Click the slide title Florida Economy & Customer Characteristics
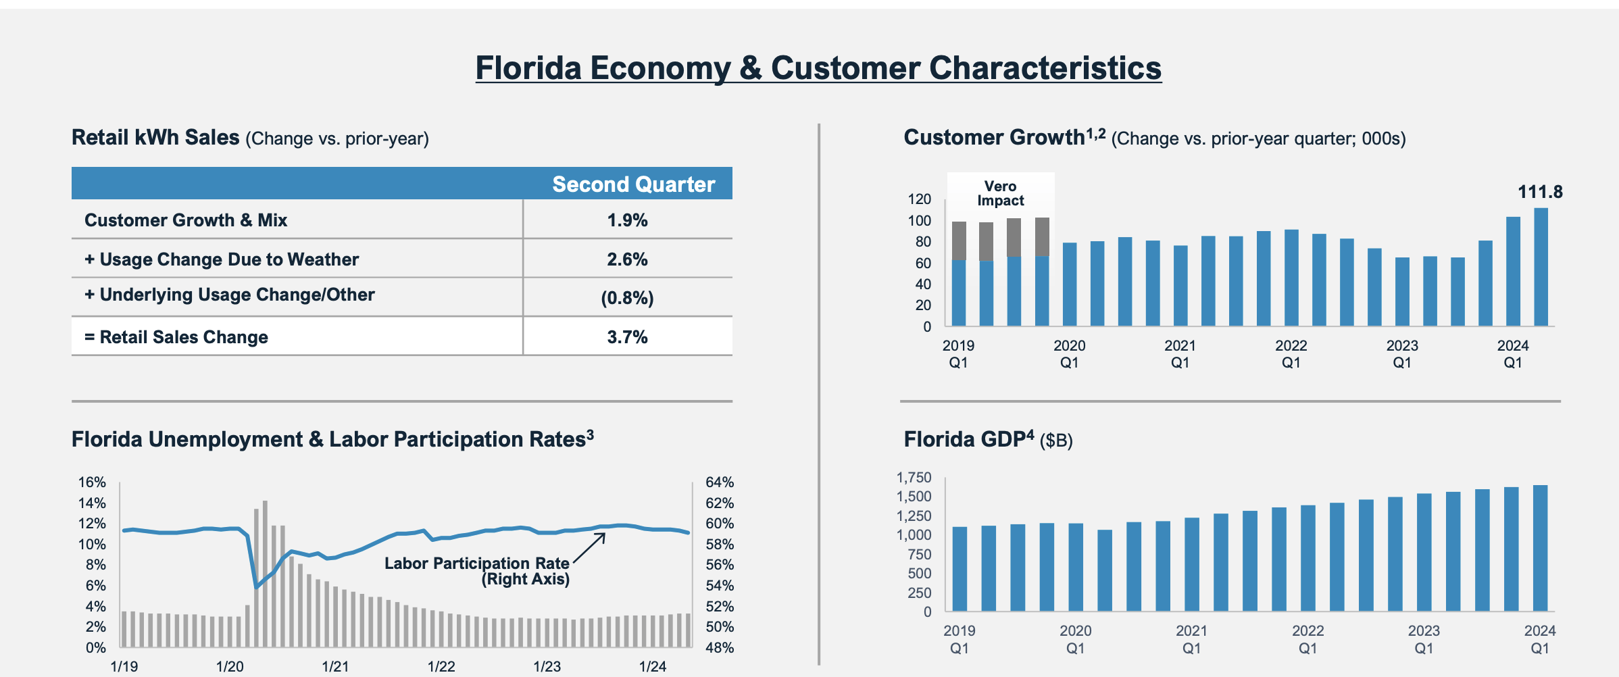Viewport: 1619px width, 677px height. (x=818, y=68)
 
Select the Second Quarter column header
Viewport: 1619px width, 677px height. (x=633, y=184)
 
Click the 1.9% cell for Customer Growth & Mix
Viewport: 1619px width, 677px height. (x=627, y=220)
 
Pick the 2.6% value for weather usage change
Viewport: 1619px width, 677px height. (x=627, y=259)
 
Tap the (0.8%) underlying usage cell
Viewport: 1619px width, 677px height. (x=627, y=298)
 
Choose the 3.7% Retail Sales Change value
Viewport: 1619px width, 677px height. (x=627, y=337)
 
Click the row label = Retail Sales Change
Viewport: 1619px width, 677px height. (x=176, y=337)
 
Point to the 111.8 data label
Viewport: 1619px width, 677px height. (x=1540, y=192)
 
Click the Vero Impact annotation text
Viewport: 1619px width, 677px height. (x=1000, y=193)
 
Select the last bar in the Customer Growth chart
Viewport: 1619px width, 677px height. (x=1541, y=267)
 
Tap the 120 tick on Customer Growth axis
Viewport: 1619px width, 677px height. (x=919, y=199)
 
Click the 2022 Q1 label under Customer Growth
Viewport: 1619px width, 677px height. (x=1291, y=354)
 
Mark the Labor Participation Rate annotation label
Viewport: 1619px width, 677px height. (x=477, y=571)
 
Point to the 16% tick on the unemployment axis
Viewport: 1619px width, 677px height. (x=92, y=482)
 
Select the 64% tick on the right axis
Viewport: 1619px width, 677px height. (x=720, y=482)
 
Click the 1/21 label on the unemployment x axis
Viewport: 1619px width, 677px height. (x=335, y=666)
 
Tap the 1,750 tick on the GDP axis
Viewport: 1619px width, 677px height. (x=914, y=478)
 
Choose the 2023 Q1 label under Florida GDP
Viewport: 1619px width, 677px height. (x=1424, y=639)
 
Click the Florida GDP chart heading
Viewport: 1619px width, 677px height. (x=988, y=440)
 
